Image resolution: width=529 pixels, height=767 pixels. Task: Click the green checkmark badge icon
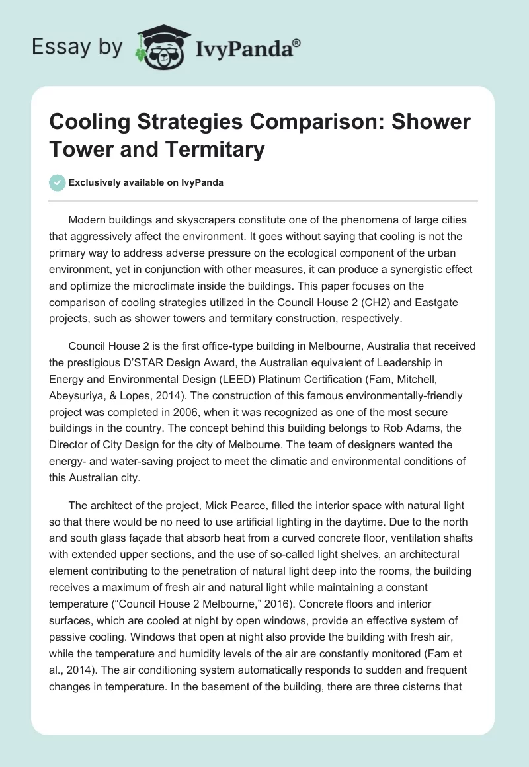[x=57, y=182]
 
